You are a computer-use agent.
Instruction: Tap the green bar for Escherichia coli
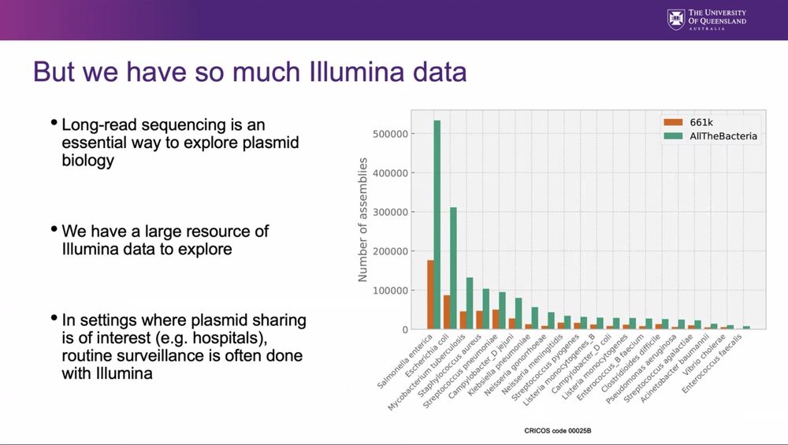[x=453, y=268]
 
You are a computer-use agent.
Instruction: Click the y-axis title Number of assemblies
[x=363, y=220]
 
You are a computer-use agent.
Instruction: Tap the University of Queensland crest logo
[x=675, y=20]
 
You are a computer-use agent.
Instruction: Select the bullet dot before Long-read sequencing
[x=54, y=123]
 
